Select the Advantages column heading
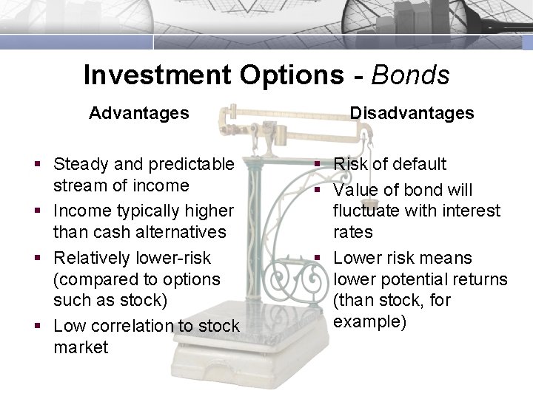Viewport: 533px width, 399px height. pos(139,113)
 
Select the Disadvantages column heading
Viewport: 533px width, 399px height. pos(412,113)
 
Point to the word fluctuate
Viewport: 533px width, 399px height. pos(369,211)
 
